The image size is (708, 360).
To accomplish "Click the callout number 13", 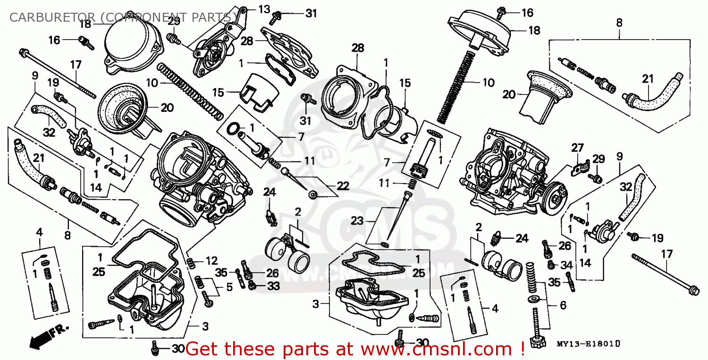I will tap(264, 8).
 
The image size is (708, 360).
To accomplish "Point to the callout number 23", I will tap(357, 220).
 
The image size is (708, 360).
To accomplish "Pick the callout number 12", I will tap(212, 261).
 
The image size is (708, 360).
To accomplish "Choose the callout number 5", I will tap(229, 286).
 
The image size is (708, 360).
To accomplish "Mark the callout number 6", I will tap(563, 305).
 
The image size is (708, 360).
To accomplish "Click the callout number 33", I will tap(273, 285).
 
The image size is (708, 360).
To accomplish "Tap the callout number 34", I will tap(566, 265).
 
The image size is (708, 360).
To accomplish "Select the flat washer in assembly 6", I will tap(535, 299).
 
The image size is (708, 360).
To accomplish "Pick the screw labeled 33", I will tap(253, 285).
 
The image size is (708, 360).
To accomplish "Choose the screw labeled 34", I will tap(551, 265).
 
